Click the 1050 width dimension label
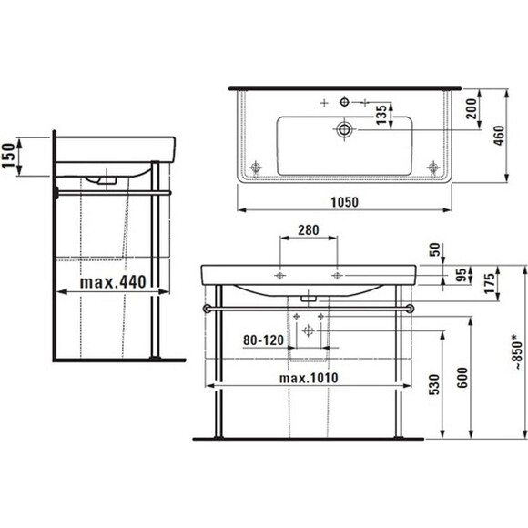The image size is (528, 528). point(344,202)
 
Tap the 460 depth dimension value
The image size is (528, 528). point(499,136)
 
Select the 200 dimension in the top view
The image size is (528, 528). point(472,108)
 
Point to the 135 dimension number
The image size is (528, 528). point(381,115)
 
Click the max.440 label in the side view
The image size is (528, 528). point(113,282)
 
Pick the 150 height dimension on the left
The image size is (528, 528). point(8,156)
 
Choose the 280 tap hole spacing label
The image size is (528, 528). point(309,230)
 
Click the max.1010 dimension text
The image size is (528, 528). point(309,378)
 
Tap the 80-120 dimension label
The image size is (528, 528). point(264,340)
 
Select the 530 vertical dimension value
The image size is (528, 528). point(434,384)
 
